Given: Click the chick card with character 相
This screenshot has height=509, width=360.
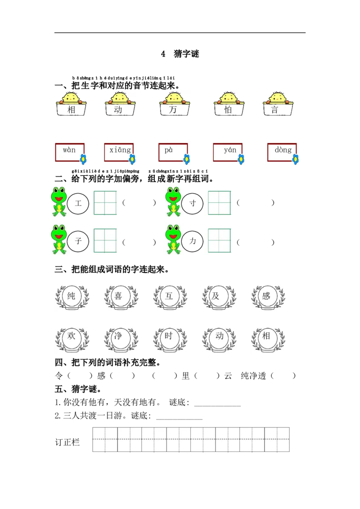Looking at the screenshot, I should tap(72, 105).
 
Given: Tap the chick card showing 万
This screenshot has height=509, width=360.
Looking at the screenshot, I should tap(173, 105).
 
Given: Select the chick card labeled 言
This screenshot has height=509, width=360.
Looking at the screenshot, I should tap(277, 105).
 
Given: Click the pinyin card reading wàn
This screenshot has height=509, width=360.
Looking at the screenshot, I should tap(70, 152).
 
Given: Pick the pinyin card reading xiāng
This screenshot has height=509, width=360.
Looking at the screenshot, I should tap(119, 152).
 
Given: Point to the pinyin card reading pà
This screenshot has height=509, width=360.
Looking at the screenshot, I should tap(172, 152).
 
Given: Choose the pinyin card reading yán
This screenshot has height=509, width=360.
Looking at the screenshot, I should tap(228, 152).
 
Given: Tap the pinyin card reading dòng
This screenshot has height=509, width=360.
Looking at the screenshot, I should tap(283, 152).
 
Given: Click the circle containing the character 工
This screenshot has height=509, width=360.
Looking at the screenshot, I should tap(78, 204).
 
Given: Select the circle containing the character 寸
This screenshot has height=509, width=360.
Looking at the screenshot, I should tap(193, 204).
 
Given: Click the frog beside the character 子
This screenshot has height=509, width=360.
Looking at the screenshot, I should tap(59, 239).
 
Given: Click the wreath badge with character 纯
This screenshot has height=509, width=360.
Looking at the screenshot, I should tap(72, 296).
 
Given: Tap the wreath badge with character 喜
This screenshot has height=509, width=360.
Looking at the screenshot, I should tap(120, 296).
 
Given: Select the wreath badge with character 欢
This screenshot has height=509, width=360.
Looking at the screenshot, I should tap(72, 339).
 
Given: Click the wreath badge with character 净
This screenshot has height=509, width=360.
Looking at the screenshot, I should tap(120, 339).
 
